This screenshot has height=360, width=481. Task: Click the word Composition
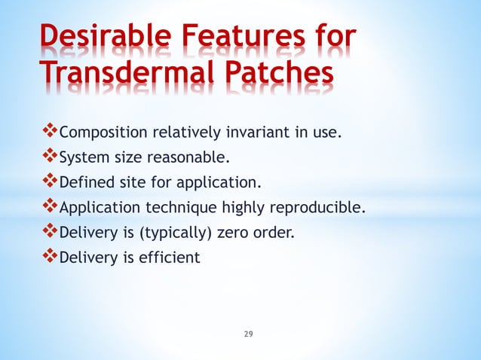(103, 134)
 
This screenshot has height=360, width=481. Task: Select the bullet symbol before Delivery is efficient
(50, 257)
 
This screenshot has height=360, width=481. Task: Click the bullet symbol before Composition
(50, 133)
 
